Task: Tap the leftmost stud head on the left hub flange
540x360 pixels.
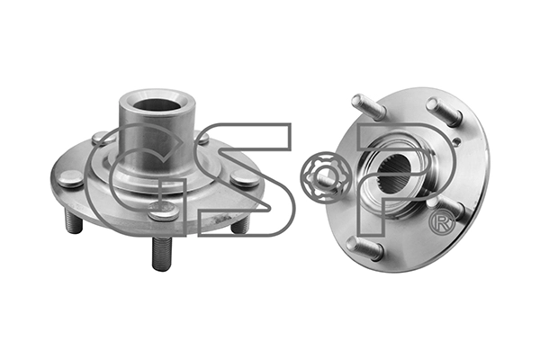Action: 69,179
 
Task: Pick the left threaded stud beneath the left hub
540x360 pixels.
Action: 74,222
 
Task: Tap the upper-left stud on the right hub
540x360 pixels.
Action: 368,107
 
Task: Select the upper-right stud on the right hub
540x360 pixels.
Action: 444,111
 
